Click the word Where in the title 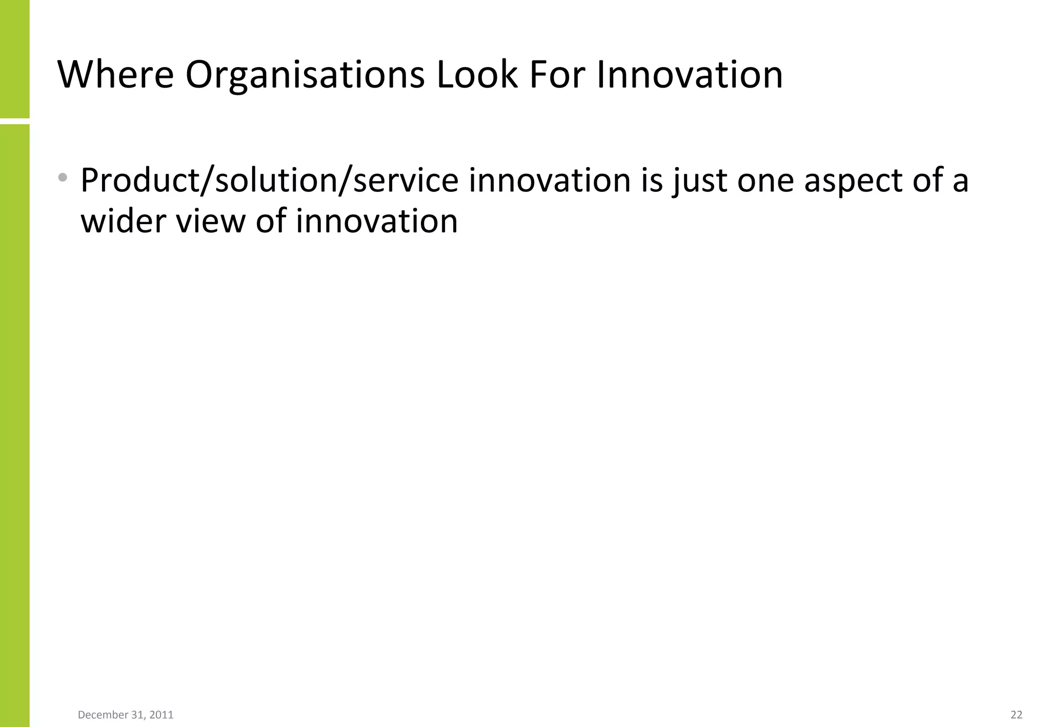pos(116,75)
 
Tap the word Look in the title pos(477,75)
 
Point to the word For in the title pos(557,75)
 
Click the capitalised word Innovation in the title pos(690,75)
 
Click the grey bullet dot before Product pos(63,178)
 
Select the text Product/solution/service pos(269,181)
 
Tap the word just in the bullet pos(700,181)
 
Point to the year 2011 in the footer pos(161,715)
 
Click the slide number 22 pos(1016,715)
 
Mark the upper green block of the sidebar pos(14,58)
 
